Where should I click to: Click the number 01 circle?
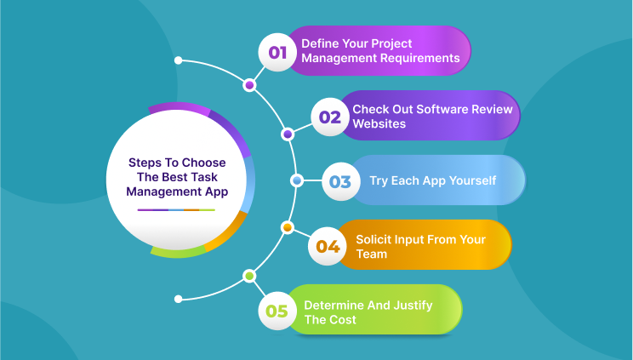pyautogui.click(x=277, y=52)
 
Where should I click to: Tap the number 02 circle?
pyautogui.click(x=329, y=117)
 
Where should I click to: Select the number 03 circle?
pyautogui.click(x=340, y=181)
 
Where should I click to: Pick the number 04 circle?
pyautogui.click(x=328, y=246)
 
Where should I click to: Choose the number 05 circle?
pyautogui.click(x=277, y=311)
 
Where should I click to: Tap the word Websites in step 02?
pyautogui.click(x=379, y=123)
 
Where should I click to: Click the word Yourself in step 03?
pyautogui.click(x=472, y=180)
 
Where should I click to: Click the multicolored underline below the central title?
pyautogui.click(x=176, y=209)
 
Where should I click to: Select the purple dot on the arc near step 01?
pyautogui.click(x=249, y=85)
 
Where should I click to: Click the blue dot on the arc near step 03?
pyautogui.click(x=296, y=180)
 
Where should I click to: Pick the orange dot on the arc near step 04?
pyautogui.click(x=287, y=227)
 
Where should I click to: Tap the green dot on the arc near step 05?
pyautogui.click(x=248, y=276)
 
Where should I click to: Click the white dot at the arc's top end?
pyautogui.click(x=178, y=60)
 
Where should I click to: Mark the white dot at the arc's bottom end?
pyautogui.click(x=178, y=299)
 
